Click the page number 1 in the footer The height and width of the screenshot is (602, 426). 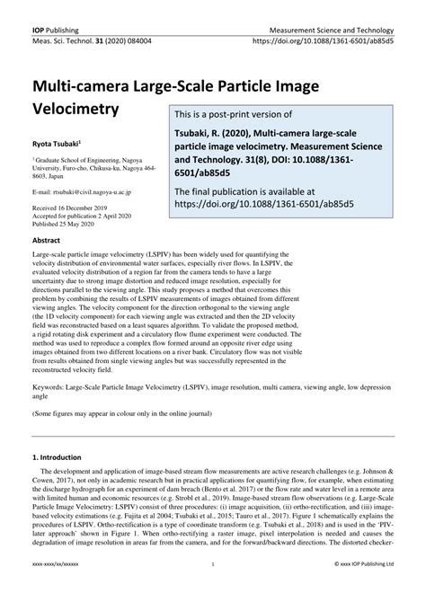(212, 590)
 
